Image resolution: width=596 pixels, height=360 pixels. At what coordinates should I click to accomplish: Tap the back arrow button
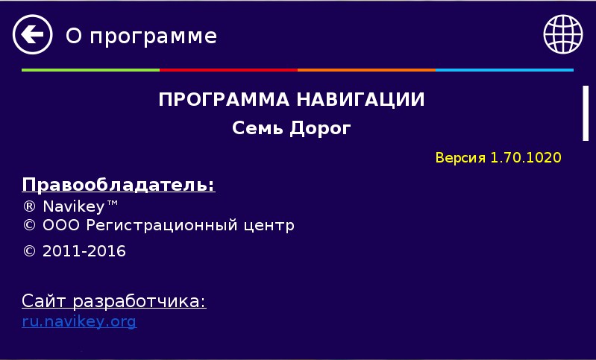click(x=32, y=34)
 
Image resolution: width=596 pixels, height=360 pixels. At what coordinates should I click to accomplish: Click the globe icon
click(x=562, y=34)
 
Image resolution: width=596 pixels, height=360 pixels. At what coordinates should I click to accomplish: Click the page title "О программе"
click(x=141, y=36)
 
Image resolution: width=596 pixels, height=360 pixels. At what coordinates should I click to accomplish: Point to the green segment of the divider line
click(x=90, y=70)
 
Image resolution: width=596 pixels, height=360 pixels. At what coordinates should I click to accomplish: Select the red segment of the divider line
click(x=228, y=70)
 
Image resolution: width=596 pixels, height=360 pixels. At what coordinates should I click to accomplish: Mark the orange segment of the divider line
click(x=366, y=70)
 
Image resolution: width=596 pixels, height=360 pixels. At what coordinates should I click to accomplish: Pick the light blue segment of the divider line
click(x=504, y=70)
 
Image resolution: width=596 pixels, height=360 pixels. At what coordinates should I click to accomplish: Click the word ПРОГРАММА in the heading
click(x=224, y=100)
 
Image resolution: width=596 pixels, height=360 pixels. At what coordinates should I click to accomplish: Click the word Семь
click(x=258, y=129)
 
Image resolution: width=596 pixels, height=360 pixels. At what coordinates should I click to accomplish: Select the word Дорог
click(x=321, y=129)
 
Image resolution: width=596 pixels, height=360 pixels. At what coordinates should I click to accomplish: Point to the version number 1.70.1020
click(x=526, y=158)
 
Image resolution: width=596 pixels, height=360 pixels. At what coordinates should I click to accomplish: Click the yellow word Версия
click(x=460, y=158)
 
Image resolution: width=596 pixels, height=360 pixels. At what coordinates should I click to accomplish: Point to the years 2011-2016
click(x=84, y=251)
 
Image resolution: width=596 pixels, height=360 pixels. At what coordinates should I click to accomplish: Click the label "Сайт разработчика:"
click(x=113, y=302)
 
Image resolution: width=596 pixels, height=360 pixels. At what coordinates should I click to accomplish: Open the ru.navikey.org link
click(x=79, y=322)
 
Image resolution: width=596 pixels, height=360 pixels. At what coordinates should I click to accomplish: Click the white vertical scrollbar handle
click(x=586, y=113)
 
